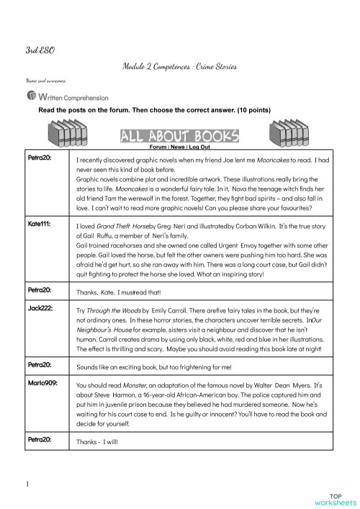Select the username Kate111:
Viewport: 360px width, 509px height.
point(39,225)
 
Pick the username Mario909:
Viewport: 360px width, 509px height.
point(41,384)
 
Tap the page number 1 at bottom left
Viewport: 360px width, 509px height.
point(27,484)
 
